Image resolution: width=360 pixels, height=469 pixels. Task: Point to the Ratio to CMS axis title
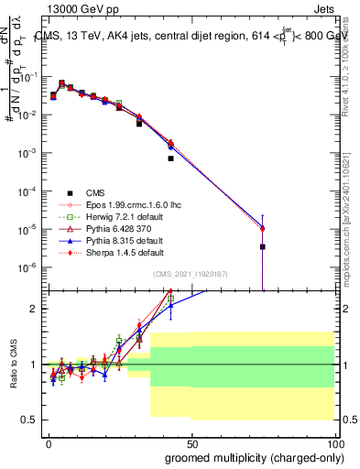click(13, 365)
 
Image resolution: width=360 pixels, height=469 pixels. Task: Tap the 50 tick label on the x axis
click(191, 442)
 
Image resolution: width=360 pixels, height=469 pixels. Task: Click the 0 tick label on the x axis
click(49, 442)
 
